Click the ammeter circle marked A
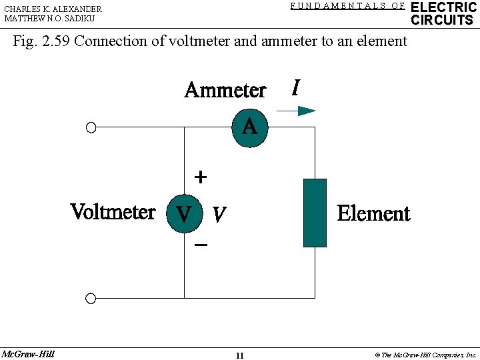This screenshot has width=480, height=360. coord(250,127)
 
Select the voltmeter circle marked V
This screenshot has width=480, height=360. coord(183,214)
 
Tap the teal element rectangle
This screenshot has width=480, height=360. coord(315,213)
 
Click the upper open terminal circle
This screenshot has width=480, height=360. coord(91,128)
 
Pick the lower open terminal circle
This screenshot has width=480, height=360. coord(91,298)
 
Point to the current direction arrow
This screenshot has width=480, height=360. coord(296,111)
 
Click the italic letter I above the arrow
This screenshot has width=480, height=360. coord(295,87)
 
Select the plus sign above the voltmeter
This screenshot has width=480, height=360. coord(200,177)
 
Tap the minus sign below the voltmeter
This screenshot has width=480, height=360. coord(201,245)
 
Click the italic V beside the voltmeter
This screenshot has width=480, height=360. coord(218,215)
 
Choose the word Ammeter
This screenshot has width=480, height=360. coord(225,90)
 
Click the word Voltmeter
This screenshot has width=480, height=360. coord(113,212)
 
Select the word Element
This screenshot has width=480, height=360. coord(373,213)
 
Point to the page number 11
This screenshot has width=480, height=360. coord(239,355)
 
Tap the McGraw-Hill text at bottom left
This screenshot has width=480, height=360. coord(28,354)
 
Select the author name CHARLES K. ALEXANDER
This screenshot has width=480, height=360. coord(53,9)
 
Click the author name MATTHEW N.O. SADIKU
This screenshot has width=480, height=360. coord(49,19)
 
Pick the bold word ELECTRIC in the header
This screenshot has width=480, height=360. coord(443,7)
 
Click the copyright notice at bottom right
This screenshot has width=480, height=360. coord(425,355)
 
